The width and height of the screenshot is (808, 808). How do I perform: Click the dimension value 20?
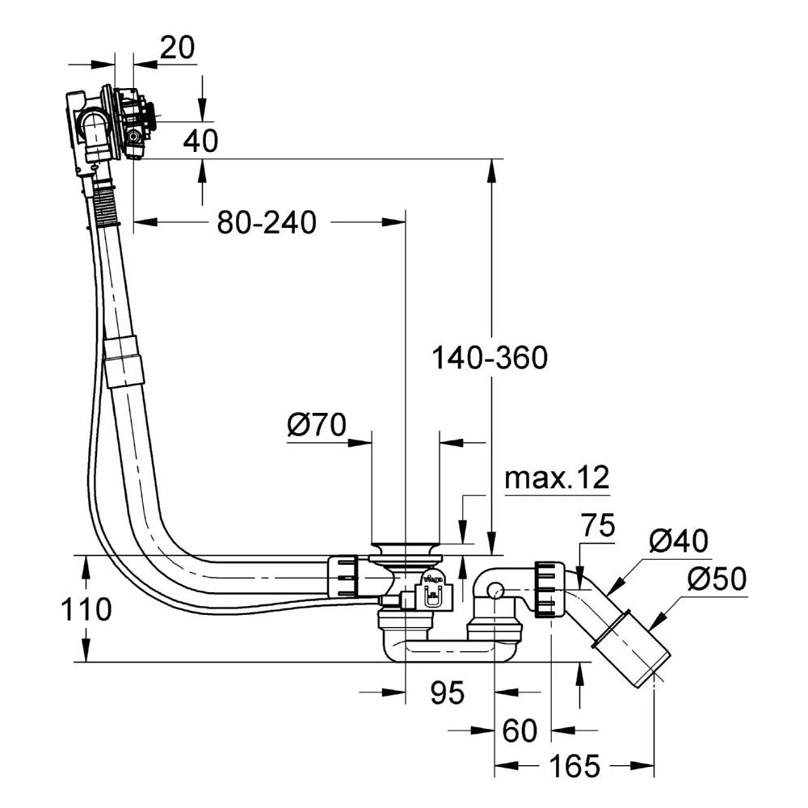point(177,48)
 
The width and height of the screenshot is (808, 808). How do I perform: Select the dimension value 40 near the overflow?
point(200,141)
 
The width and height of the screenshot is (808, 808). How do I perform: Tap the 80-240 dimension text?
point(266,222)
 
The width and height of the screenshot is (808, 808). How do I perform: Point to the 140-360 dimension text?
point(490,356)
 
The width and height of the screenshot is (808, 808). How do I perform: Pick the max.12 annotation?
point(556,478)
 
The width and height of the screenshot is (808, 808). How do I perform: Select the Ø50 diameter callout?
point(717,579)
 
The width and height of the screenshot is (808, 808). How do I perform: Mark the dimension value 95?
point(448,692)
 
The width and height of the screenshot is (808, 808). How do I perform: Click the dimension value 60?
point(519,731)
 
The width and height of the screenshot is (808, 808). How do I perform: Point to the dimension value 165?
point(574,765)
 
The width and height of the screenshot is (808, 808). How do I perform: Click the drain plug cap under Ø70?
point(405,549)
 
